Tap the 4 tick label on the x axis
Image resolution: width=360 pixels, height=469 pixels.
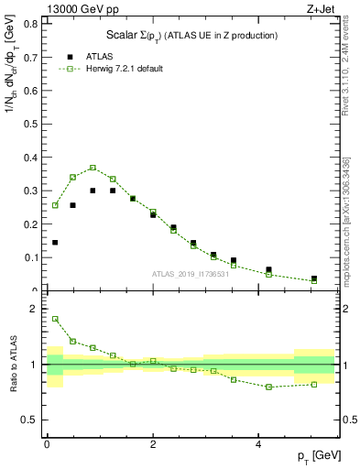[x=258, y=443]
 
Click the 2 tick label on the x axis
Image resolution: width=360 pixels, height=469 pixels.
[x=152, y=443]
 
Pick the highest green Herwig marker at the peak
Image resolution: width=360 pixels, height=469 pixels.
[x=93, y=168]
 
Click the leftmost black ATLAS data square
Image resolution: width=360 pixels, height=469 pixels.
[x=55, y=243]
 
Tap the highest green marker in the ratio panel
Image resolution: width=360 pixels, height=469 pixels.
[x=55, y=319]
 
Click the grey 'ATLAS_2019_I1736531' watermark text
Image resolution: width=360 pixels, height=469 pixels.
[x=190, y=274]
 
